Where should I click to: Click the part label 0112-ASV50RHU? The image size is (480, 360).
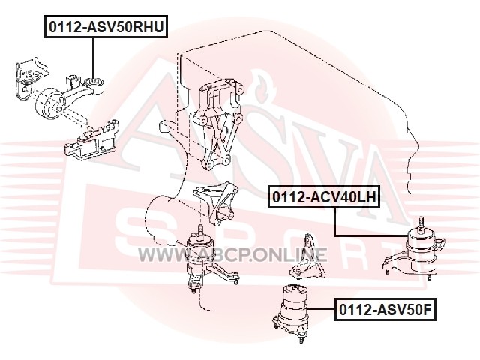pos(106,26)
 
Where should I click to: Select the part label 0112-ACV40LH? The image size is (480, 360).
pos(324,196)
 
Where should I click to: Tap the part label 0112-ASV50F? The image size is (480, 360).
pos(385,309)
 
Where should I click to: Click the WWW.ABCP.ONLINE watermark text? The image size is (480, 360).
pos(232,254)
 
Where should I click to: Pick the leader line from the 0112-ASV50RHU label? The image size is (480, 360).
pos(93,58)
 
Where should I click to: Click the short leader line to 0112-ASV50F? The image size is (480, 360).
pos(321,308)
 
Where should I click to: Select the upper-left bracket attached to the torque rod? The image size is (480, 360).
pos(31,78)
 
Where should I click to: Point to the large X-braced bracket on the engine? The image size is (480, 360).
pos(218,122)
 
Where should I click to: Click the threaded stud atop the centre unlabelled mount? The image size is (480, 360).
pos(200,230)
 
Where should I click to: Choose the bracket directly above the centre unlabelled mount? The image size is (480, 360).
pos(215,202)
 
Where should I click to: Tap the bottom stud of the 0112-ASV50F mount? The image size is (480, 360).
pos(301,338)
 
